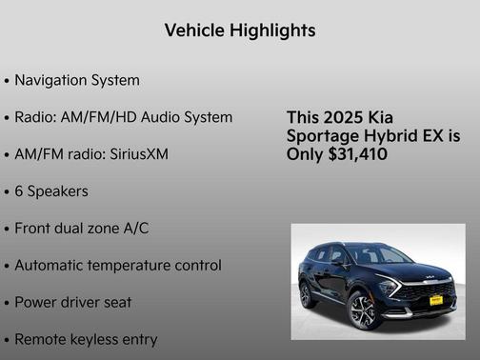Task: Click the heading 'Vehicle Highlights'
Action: pyautogui.click(x=240, y=30)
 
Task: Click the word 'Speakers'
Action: pyautogui.click(x=58, y=191)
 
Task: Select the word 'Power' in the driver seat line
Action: pyautogui.click(x=36, y=303)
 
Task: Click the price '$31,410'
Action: pyautogui.click(x=356, y=154)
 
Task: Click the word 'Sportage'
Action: pyautogui.click(x=322, y=136)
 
